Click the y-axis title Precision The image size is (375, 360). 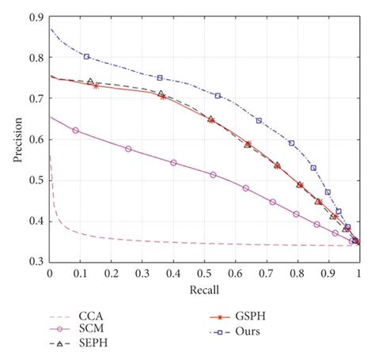pos(17,139)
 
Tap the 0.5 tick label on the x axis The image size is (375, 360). pos(204,271)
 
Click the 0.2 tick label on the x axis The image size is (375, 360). pos(112,271)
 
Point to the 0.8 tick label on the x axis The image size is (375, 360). pos(297,271)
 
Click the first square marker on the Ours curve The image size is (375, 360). pos(86,56)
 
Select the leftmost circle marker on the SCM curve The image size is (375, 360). pos(76,130)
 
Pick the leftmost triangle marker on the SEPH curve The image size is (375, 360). pos(90,81)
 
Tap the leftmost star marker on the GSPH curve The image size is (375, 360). pos(96,85)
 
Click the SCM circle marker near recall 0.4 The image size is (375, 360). pos(173,162)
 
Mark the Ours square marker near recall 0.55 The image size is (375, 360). pos(218,96)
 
